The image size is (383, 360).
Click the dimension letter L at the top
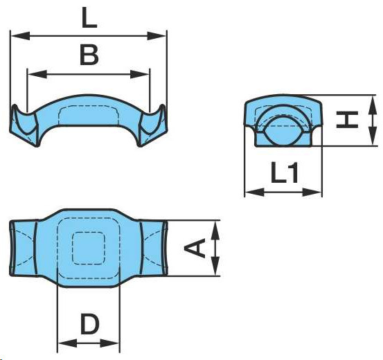89,17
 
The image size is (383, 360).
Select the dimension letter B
89,55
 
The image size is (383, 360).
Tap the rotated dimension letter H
347,120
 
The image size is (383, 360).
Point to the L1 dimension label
285,173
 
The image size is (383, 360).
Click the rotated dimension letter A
195,248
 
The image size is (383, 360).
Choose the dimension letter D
90,324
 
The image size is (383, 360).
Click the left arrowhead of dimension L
21,36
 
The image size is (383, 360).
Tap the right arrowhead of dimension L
157,36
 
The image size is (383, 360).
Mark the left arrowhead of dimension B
37,74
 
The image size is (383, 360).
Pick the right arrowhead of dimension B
139,74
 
